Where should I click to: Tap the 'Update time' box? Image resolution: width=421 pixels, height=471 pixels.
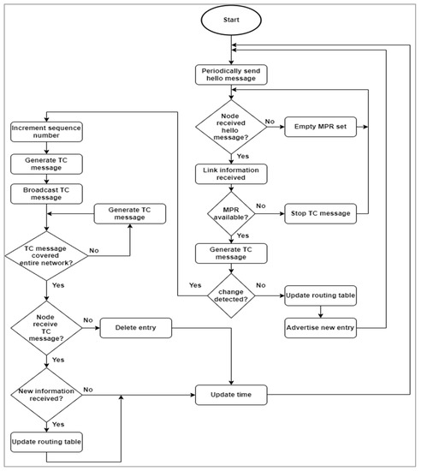coord(232,395)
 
